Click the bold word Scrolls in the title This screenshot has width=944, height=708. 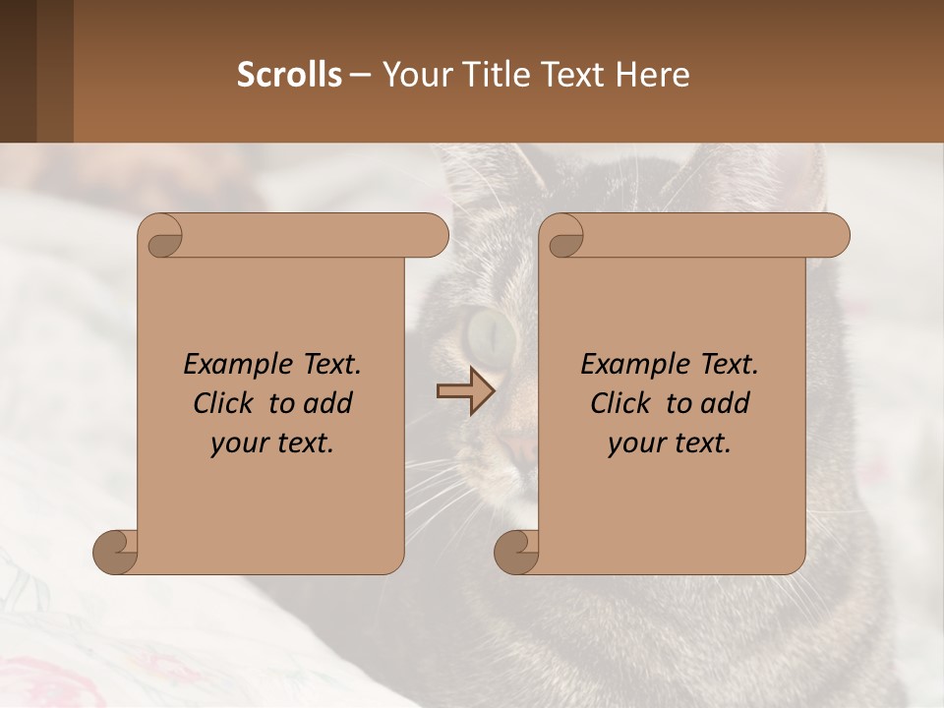pos(289,75)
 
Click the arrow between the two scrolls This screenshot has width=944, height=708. pos(465,391)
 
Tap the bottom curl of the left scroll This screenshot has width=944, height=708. pos(116,552)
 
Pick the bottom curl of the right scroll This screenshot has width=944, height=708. pos(517,552)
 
